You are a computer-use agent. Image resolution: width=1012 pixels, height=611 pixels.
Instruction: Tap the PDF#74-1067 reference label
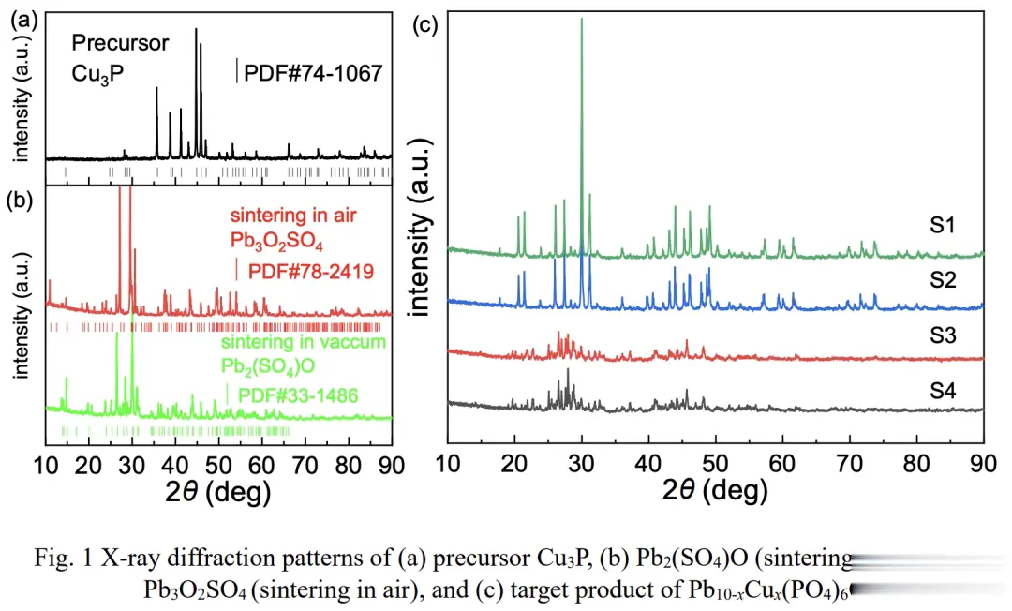313,72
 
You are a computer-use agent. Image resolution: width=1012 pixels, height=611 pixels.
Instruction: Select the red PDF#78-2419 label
306,271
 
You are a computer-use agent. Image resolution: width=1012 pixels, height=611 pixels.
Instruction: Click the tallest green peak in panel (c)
582,21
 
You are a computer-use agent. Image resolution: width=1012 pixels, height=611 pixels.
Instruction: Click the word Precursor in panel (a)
121,43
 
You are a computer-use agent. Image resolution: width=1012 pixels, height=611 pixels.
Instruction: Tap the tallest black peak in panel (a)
196,30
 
